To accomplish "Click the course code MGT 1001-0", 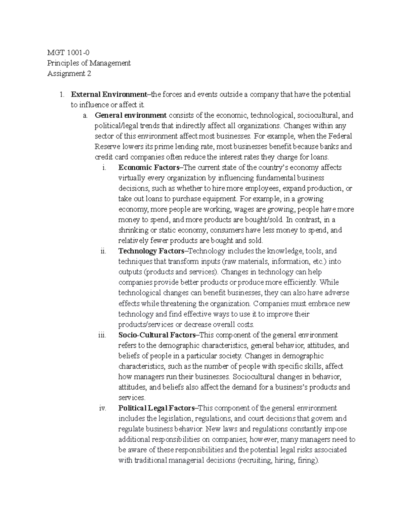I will (69, 52).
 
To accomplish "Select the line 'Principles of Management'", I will (89, 63).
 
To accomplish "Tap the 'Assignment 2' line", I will (69, 73).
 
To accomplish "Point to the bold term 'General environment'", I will (131, 115).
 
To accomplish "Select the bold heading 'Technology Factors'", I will (151, 251).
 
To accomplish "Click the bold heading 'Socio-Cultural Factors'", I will (157, 335).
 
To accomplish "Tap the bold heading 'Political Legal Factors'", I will (156, 408).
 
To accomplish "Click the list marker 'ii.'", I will (103, 251).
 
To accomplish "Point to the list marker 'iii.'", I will (102, 335).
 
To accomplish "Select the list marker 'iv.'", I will (102, 408).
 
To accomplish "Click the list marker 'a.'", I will (85, 115).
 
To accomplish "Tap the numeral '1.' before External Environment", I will (61, 94).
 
